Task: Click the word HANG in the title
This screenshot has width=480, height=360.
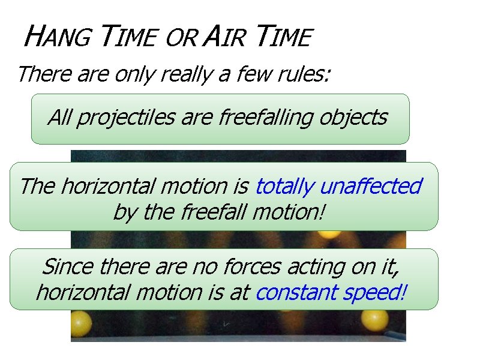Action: pyautogui.click(x=56, y=38)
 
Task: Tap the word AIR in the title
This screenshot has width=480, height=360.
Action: pyautogui.click(x=224, y=38)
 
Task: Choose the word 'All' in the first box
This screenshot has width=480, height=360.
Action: pyautogui.click(x=59, y=117)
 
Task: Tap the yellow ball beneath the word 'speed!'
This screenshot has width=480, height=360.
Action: pyautogui.click(x=375, y=321)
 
